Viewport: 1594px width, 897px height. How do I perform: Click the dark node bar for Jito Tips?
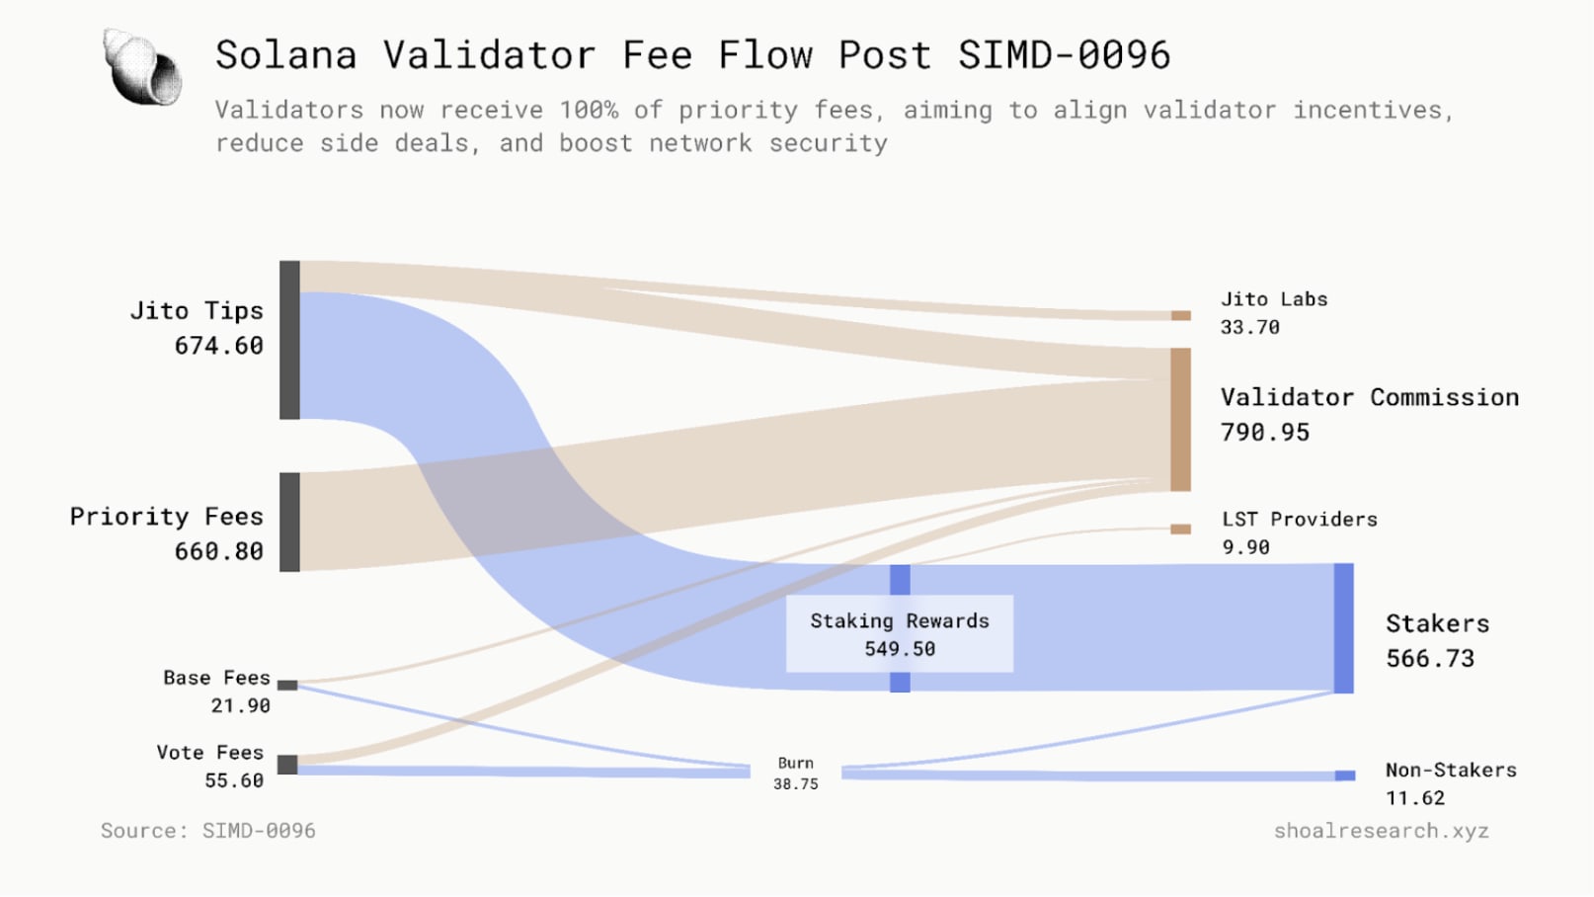(289, 340)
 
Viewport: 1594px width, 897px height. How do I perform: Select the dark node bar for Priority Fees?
(289, 522)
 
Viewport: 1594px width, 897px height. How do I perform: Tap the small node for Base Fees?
(287, 685)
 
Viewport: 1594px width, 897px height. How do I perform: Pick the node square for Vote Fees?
(287, 765)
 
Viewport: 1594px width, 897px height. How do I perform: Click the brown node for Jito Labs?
(1181, 316)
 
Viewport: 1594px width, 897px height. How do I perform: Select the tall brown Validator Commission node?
(1180, 419)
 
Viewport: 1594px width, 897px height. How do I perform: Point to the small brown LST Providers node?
(1181, 530)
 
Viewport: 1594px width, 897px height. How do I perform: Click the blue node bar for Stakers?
(1343, 628)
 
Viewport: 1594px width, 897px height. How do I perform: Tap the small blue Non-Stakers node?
(1345, 775)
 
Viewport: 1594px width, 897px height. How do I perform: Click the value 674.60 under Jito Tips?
(219, 346)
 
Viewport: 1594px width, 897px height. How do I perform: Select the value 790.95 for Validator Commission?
(1265, 433)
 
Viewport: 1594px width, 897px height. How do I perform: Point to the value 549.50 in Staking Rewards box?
(900, 649)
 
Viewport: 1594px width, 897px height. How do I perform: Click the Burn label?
(795, 763)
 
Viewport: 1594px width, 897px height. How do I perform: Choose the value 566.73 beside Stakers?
(1430, 659)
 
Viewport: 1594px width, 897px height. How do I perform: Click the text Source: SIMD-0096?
(208, 831)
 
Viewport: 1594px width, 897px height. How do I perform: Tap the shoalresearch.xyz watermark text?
(1381, 831)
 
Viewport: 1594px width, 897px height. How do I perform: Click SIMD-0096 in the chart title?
(1064, 55)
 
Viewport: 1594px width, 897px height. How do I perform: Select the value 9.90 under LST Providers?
(1246, 547)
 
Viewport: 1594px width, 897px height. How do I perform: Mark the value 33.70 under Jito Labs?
(1250, 327)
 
